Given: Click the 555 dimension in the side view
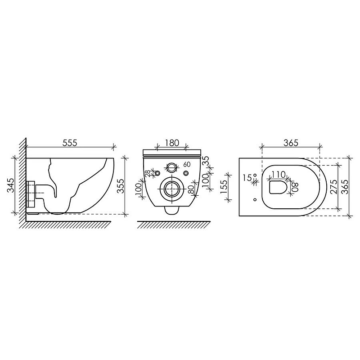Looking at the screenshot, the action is tap(70, 143).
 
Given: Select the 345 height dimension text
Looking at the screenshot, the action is tap(10, 185).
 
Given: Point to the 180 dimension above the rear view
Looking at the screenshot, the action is tap(172, 143).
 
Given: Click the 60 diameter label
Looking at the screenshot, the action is tap(187, 164).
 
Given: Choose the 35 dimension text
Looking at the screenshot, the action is tap(206, 160).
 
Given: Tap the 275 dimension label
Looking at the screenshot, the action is tap(334, 187).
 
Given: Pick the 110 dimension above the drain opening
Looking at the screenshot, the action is tap(278, 175).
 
